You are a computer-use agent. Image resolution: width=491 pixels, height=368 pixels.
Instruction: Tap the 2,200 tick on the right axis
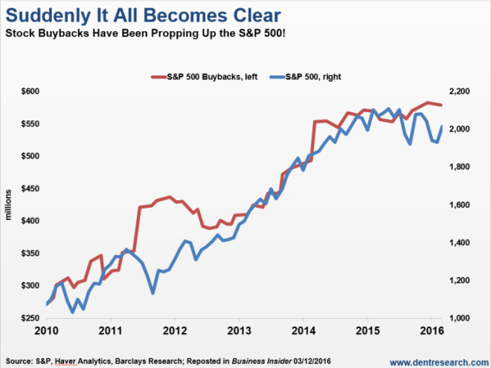(460, 91)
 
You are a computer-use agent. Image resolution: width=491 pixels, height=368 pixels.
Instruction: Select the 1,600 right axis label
(460, 205)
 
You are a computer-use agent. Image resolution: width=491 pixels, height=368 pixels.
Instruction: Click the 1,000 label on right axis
(460, 318)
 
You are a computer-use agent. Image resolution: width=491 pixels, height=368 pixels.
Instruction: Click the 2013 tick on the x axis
(239, 329)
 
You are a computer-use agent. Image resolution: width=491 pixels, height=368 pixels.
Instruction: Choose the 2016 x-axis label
(431, 329)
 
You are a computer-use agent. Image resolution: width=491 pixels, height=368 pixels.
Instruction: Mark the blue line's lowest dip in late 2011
(153, 292)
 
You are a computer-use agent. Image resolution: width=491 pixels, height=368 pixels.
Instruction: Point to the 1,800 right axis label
(460, 167)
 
